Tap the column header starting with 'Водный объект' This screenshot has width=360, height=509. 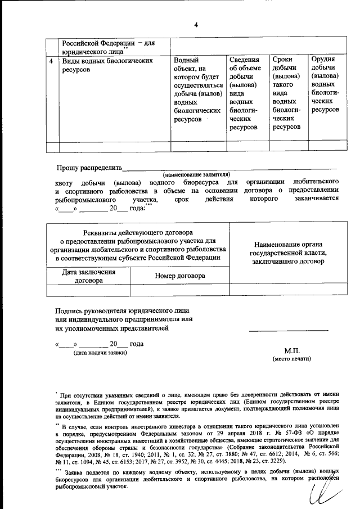197,90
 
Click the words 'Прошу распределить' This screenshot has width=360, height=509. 89,168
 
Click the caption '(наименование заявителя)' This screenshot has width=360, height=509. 196,175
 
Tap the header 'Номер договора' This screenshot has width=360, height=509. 179,276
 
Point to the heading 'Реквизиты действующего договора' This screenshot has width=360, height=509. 138,232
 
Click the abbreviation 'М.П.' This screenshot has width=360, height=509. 292,350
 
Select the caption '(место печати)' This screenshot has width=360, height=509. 291,359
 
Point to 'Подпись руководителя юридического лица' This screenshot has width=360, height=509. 122,310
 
